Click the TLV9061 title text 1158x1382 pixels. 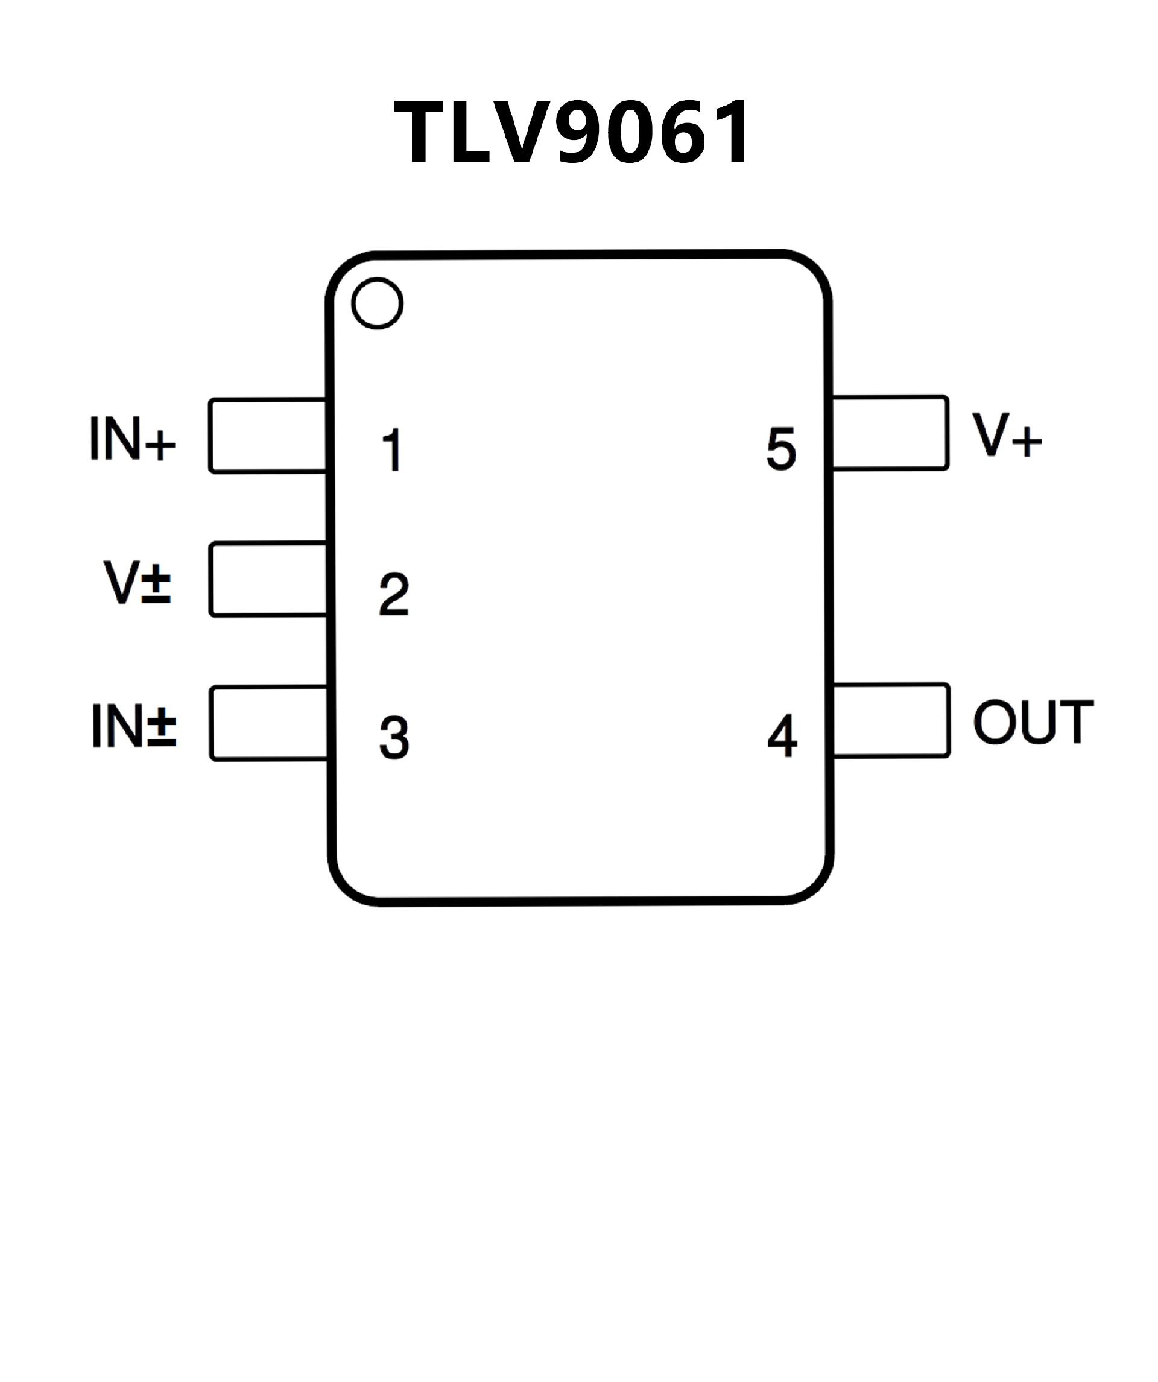click(571, 132)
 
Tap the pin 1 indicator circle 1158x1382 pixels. click(377, 303)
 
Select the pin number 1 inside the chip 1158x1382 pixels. click(392, 450)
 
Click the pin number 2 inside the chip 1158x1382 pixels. click(394, 594)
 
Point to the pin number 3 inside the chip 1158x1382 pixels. click(394, 738)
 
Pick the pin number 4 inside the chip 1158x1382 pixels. click(782, 736)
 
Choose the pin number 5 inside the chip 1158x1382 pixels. click(782, 449)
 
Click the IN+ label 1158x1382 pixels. click(132, 439)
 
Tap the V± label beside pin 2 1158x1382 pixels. click(138, 582)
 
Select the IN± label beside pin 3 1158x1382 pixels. click(133, 726)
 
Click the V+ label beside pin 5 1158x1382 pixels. click(1007, 435)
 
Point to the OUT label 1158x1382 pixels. click(1033, 722)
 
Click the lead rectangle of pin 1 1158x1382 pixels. click(268, 436)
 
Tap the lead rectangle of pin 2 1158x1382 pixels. click(268, 579)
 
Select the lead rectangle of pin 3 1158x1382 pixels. click(269, 723)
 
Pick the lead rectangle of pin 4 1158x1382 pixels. click(891, 721)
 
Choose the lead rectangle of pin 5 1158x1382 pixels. click(890, 433)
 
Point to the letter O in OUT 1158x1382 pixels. click(994, 722)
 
